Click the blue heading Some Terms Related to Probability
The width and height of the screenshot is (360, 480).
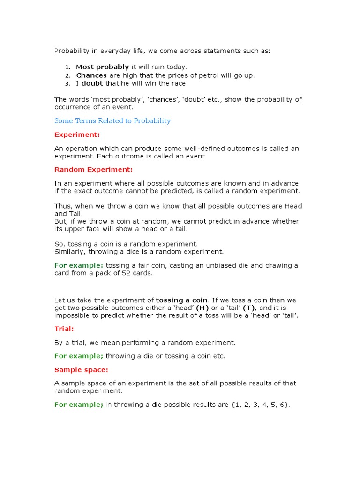(112, 121)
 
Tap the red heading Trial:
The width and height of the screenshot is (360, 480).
(64, 329)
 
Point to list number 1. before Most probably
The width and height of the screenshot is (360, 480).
(67, 67)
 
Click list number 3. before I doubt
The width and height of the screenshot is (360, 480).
(67, 84)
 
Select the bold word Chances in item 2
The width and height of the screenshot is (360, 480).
(91, 75)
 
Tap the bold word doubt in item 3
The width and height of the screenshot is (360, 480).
(92, 84)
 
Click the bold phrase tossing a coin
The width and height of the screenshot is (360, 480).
(181, 300)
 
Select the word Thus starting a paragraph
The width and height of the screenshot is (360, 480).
(62, 207)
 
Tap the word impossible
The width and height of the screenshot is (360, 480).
(72, 315)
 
